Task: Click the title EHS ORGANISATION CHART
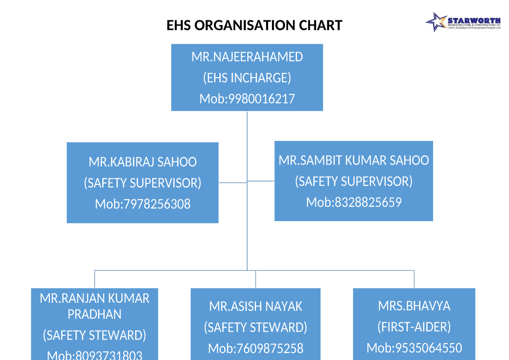click(254, 25)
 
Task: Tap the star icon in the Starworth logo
click(436, 22)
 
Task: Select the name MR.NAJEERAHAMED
click(247, 57)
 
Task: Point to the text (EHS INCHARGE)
click(247, 78)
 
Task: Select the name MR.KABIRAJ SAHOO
click(143, 162)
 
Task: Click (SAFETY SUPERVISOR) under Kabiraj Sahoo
click(143, 183)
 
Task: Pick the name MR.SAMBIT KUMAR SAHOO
click(354, 160)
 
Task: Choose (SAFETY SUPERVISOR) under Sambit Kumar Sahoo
click(354, 181)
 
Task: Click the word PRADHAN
click(95, 314)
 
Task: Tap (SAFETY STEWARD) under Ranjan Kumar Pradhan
click(95, 335)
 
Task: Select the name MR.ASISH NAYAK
click(255, 306)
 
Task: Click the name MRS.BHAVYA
click(414, 306)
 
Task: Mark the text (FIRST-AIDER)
click(414, 327)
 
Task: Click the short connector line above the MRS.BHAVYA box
click(414, 279)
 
